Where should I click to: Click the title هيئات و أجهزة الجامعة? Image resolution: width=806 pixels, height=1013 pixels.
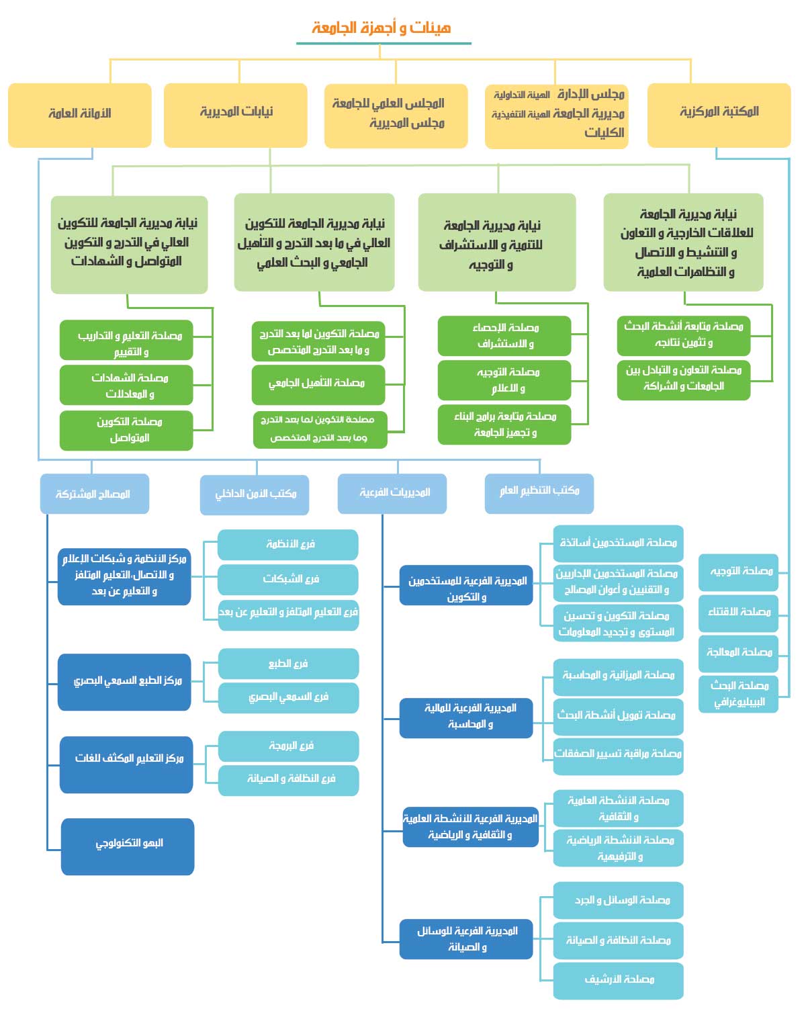coord(382,28)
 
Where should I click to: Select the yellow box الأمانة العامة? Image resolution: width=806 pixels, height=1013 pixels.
coord(80,114)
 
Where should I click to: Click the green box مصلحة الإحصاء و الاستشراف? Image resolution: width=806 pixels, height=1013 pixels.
coord(504,336)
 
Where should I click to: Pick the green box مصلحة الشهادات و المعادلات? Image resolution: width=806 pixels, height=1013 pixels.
coord(126,386)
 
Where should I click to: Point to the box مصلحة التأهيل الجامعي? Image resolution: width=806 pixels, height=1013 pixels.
coord(318,384)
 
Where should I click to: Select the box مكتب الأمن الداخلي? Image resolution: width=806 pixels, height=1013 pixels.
coord(255,494)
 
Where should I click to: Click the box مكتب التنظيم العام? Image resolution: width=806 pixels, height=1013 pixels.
coord(539,492)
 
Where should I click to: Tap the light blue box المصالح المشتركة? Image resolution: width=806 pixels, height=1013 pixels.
coord(94,494)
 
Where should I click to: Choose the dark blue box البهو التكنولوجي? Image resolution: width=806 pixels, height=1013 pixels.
coord(128,845)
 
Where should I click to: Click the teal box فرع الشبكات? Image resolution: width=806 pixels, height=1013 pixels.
coord(288,579)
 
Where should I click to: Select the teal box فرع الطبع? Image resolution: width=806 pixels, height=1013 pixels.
coord(288,664)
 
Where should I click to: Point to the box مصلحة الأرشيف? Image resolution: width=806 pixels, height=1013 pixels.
coord(618,980)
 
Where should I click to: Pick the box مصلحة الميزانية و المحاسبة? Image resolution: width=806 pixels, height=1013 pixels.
coord(618,676)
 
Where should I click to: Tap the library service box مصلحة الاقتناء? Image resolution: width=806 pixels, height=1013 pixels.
coord(738,613)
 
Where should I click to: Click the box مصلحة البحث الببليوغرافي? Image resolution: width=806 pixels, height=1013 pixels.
coord(738,694)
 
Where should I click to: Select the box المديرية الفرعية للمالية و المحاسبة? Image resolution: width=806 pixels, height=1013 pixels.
coord(466,717)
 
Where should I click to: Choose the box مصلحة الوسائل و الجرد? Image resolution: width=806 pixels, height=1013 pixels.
coord(618,900)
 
